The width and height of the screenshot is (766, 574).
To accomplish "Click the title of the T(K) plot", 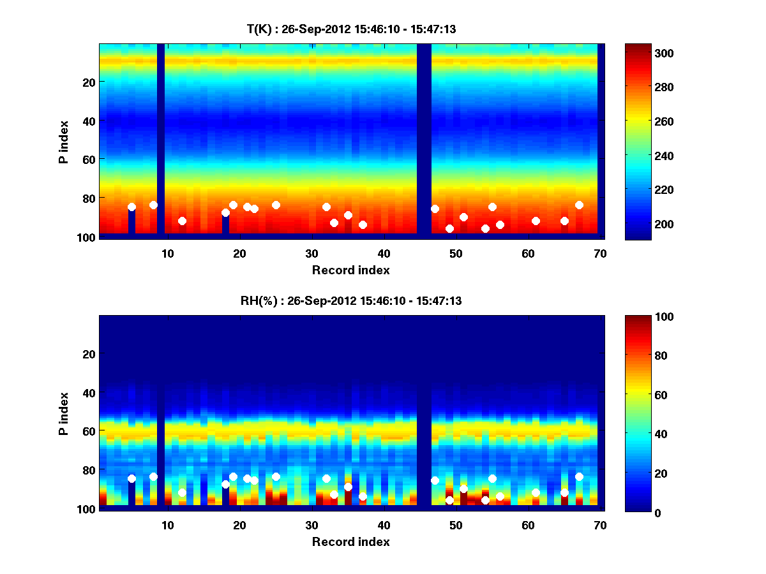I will pyautogui.click(x=351, y=29).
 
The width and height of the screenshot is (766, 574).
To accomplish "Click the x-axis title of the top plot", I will pyautogui.click(x=350, y=270).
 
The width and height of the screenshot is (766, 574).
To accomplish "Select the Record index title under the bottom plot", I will pyautogui.click(x=350, y=541).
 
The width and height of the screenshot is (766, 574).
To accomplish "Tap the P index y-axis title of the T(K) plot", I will pyautogui.click(x=63, y=142).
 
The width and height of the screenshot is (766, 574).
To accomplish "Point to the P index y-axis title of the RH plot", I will pyautogui.click(x=63, y=414).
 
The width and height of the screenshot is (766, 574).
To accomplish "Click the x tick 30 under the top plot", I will pyautogui.click(x=312, y=253).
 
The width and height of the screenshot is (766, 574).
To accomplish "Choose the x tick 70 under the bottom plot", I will pyautogui.click(x=600, y=525).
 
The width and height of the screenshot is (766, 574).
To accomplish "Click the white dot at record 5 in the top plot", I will pyautogui.click(x=131, y=207).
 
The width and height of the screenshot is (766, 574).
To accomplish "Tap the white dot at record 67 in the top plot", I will pyautogui.click(x=579, y=205).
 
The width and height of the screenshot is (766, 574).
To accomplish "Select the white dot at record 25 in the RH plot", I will pyautogui.click(x=276, y=476).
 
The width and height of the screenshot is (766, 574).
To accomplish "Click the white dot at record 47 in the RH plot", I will pyautogui.click(x=435, y=480).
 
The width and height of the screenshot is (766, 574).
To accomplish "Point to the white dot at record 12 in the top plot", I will pyautogui.click(x=182, y=221).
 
